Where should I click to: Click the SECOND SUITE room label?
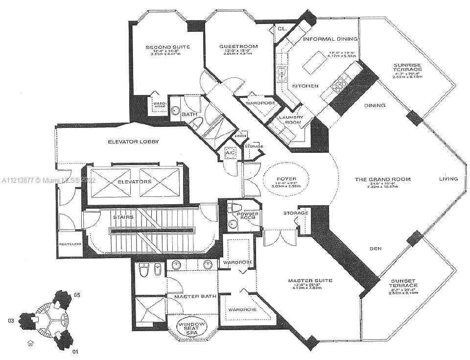pos(167,48)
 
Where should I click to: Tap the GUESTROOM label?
pos(238,47)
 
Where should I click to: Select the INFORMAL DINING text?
pos(330,39)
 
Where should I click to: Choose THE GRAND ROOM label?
pos(382,179)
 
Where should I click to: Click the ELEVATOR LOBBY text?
pos(134,142)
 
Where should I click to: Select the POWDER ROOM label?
pos(247,216)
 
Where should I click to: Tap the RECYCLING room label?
pos(69,243)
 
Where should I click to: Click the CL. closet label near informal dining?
pos(282,29)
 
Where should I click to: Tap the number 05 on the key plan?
pos(77,295)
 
